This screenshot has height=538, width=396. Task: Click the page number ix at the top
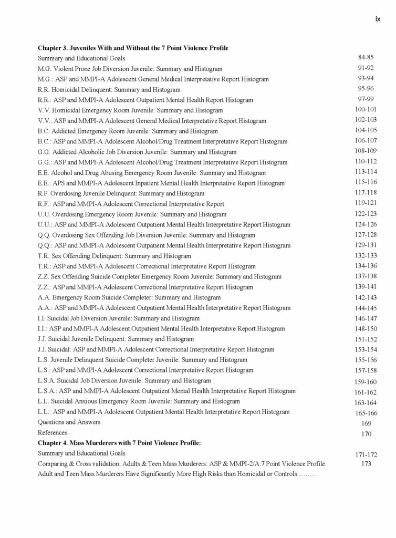point(378,19)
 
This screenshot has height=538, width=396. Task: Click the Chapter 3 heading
point(133,48)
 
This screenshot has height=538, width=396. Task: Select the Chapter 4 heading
point(119,443)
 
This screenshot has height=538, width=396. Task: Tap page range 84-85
point(366,57)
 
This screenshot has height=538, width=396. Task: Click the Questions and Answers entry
point(69,422)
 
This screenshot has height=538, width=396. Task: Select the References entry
point(53,432)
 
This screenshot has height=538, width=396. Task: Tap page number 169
point(366,423)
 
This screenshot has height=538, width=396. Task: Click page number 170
point(366,433)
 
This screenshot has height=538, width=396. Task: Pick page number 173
point(366,464)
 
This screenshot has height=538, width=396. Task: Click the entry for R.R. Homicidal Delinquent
point(109,89)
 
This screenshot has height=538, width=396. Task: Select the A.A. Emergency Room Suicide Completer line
point(129,297)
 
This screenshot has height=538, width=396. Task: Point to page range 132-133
point(366,255)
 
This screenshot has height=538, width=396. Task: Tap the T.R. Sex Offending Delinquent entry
point(114,256)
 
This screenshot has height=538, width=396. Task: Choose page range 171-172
point(366,454)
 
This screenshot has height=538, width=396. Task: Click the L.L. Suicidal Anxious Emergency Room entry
point(139,401)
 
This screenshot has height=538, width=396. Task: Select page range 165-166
point(366,413)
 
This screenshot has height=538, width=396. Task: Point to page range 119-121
point(366,203)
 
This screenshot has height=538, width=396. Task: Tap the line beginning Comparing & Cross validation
point(181,463)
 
